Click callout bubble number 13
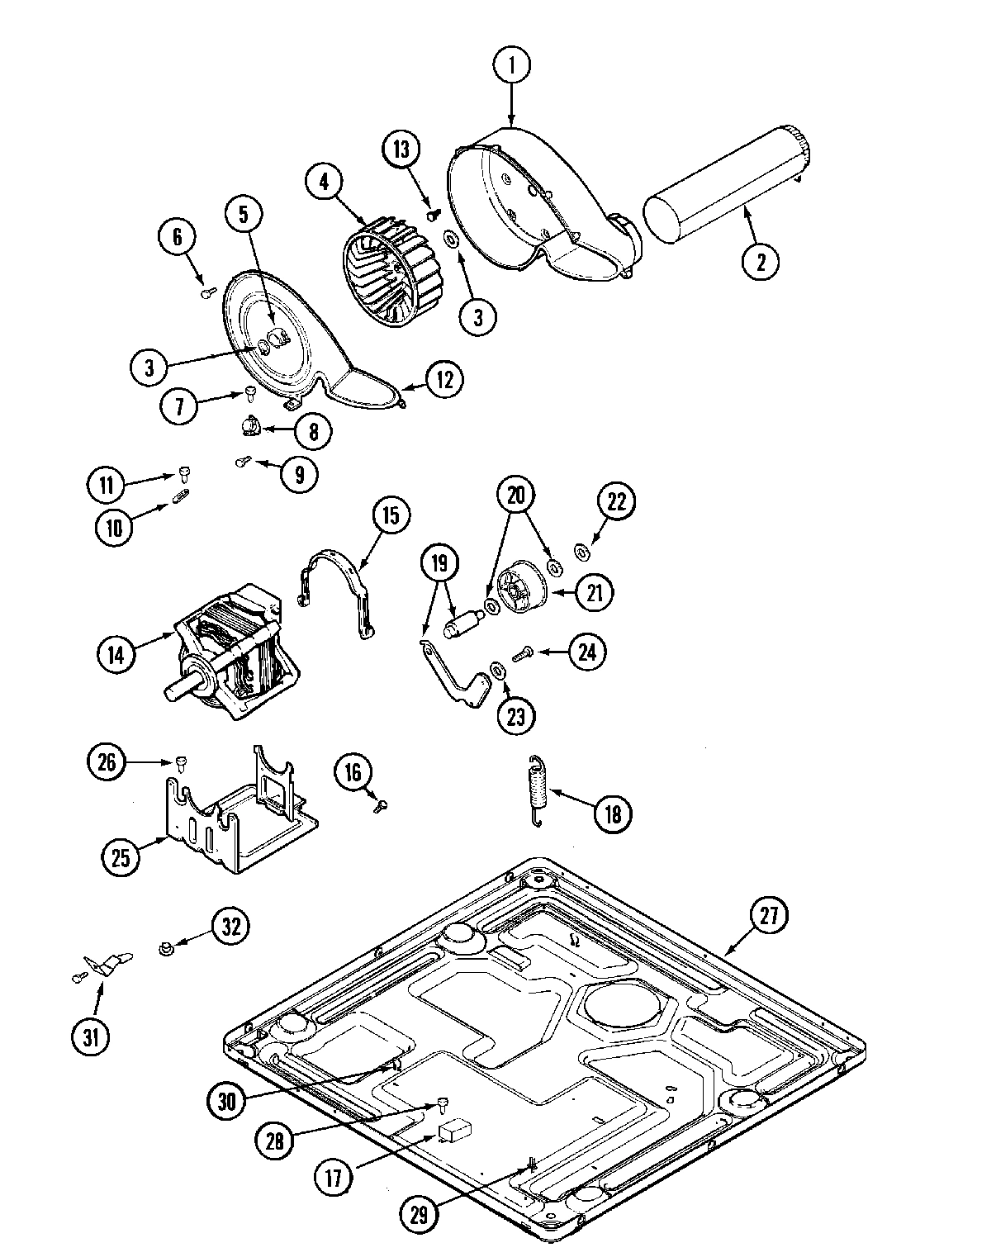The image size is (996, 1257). pyautogui.click(x=401, y=149)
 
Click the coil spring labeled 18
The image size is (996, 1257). pyautogui.click(x=538, y=790)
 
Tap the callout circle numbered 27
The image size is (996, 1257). pyautogui.click(x=769, y=915)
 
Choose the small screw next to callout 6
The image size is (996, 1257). pyautogui.click(x=207, y=291)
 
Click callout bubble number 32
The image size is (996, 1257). pyautogui.click(x=230, y=926)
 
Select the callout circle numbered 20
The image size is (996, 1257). pyautogui.click(x=515, y=496)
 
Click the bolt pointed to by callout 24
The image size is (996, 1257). pyautogui.click(x=521, y=655)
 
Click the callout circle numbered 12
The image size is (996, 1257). pyautogui.click(x=444, y=379)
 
